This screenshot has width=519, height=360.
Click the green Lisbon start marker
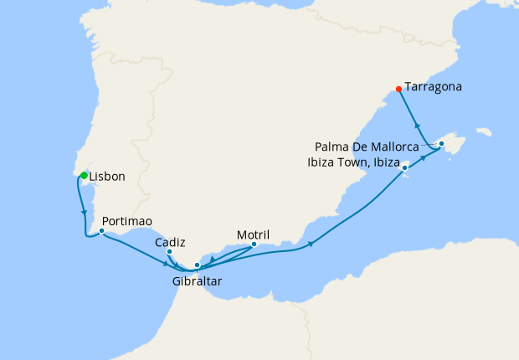[x=84, y=174]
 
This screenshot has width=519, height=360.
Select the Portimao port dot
[x=101, y=230]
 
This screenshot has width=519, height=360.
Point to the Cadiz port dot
[x=169, y=251]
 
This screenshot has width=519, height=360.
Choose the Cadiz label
[x=170, y=241]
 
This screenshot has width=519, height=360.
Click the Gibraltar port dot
[x=197, y=266]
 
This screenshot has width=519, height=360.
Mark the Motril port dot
[x=254, y=244]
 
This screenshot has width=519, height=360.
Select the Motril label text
[x=254, y=234]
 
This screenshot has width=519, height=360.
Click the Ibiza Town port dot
[x=405, y=168]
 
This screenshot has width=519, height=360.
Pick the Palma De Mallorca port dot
[x=441, y=144]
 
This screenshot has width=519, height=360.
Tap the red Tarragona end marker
[x=398, y=89]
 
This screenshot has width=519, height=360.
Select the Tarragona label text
[x=434, y=86]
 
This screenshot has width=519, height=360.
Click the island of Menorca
[x=482, y=131]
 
